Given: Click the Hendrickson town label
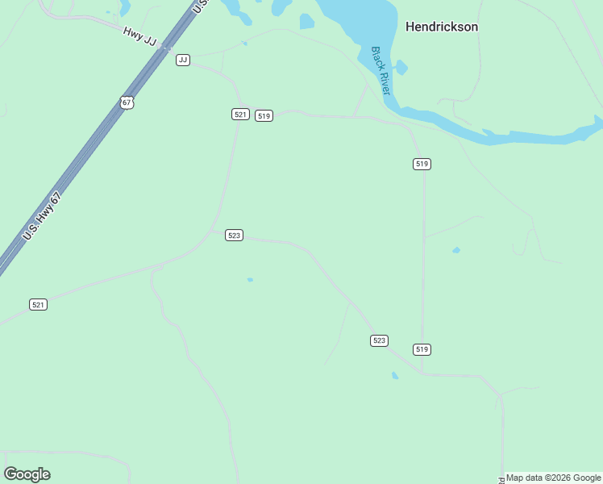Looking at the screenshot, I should [x=441, y=27].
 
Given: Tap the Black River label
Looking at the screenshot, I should [x=380, y=70].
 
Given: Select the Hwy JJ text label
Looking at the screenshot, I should [x=139, y=35].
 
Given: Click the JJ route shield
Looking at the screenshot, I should [x=183, y=60].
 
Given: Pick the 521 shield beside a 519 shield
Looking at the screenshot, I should [x=240, y=115].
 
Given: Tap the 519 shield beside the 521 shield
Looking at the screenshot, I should [x=264, y=116].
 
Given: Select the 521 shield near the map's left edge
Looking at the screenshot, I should [x=38, y=304].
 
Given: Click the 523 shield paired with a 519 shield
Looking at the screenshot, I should [x=380, y=340].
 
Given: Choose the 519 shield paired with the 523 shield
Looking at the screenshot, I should [x=422, y=349].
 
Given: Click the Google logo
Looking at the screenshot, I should [x=27, y=474].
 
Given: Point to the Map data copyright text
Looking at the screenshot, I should [x=553, y=478].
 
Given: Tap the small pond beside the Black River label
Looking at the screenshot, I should [x=401, y=68].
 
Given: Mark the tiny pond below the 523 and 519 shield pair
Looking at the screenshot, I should [x=394, y=375].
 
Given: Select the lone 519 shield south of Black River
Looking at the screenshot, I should [x=422, y=164].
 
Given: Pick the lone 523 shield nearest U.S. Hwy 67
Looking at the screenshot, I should [x=234, y=236].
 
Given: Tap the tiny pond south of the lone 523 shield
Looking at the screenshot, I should [x=250, y=280].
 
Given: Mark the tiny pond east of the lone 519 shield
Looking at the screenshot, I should [x=456, y=250].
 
